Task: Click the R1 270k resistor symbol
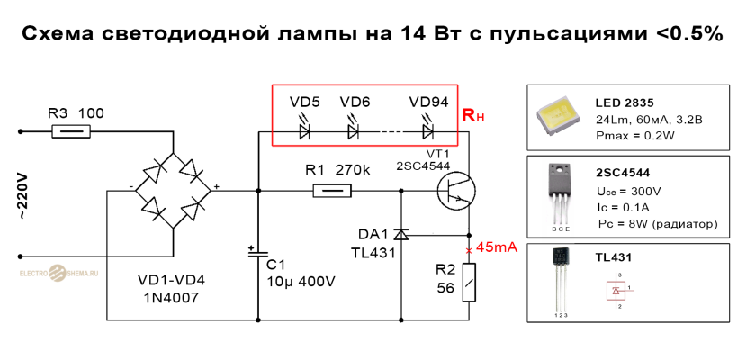(x=331, y=190)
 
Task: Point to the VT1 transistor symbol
(x=455, y=190)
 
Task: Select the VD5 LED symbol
(x=304, y=130)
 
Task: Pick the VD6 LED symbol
(x=354, y=130)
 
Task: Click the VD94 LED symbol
(x=429, y=130)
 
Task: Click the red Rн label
(x=473, y=116)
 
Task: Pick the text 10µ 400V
(x=301, y=281)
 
